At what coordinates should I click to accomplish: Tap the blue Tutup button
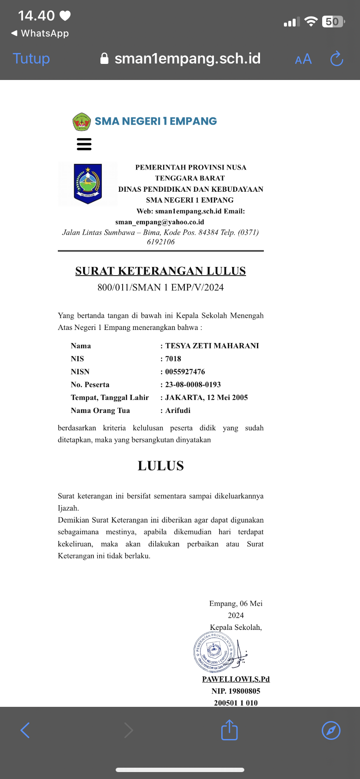point(31,59)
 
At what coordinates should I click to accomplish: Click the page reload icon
point(337,59)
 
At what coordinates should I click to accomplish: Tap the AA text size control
point(303,59)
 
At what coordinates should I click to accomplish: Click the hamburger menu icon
point(84,144)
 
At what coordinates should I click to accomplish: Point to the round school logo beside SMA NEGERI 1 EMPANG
point(81,121)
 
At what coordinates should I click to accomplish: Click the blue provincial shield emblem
point(88,183)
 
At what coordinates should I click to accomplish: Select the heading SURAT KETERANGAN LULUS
point(160,271)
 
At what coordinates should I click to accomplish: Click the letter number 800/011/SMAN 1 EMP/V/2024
point(160,287)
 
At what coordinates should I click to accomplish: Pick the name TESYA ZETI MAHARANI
point(212,346)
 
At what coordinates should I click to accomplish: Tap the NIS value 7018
point(173,359)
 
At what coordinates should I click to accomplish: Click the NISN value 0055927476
point(185,372)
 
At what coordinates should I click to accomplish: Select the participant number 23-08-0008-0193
point(193,385)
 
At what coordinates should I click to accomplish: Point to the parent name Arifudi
point(178,410)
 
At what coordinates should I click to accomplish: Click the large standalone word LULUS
point(160,466)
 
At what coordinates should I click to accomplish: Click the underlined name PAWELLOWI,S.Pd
point(236,679)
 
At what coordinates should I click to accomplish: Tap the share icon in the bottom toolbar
point(229,730)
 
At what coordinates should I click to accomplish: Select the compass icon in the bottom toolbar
point(331,730)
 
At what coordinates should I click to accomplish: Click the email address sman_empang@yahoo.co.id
point(160,222)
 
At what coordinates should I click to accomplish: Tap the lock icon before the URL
point(104,58)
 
